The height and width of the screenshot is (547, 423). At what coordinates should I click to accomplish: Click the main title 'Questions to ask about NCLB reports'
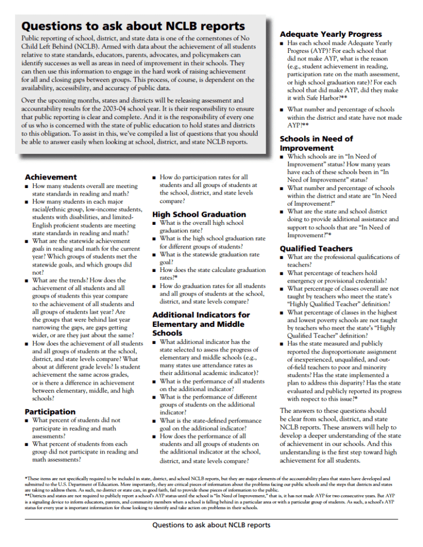tap(133, 26)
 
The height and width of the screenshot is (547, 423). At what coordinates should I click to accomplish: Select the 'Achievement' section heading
tap(51, 177)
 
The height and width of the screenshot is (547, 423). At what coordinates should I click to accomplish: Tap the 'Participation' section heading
tap(50, 411)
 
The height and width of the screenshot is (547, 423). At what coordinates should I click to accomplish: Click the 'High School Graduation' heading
tap(199, 214)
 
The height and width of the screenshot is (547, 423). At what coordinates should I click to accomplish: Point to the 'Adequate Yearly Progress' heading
tap(331, 34)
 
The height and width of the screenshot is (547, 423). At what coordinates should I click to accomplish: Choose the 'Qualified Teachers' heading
tap(316, 248)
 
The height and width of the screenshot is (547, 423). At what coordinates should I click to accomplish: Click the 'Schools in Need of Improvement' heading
tap(316, 143)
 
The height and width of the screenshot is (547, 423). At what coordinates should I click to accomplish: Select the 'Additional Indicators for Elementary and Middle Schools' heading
tap(201, 324)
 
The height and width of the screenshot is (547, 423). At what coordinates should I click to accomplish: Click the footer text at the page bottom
tap(211, 525)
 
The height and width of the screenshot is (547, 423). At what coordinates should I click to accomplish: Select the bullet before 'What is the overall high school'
tap(154, 223)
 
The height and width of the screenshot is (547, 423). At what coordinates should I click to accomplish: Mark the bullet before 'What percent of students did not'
tap(27, 420)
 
